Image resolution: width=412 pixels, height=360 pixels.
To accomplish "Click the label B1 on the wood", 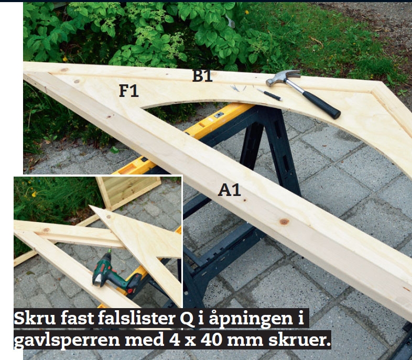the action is [202, 75].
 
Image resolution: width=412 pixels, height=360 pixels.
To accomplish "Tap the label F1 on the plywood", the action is [129, 91].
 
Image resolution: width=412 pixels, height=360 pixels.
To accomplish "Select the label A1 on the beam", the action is [230, 190].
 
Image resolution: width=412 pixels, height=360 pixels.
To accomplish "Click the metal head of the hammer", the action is [282, 78].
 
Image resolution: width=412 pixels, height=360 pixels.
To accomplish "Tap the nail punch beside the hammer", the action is [269, 94].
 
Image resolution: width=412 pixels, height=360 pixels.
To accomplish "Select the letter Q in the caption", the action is [187, 319].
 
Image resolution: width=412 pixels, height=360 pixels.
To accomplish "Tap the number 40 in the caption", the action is [212, 340].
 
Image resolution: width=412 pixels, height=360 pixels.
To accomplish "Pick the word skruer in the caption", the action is [299, 340].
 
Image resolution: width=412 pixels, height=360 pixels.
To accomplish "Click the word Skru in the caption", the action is [35, 318].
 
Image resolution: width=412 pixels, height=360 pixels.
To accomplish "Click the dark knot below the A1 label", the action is [284, 222].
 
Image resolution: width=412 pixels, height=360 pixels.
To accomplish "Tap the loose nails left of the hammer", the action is [238, 88].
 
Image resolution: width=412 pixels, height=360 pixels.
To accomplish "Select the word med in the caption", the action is [144, 340].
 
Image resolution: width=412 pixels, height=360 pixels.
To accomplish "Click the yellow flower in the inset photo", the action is [34, 194].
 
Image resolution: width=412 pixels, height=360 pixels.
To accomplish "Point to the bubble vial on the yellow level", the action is [219, 114].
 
